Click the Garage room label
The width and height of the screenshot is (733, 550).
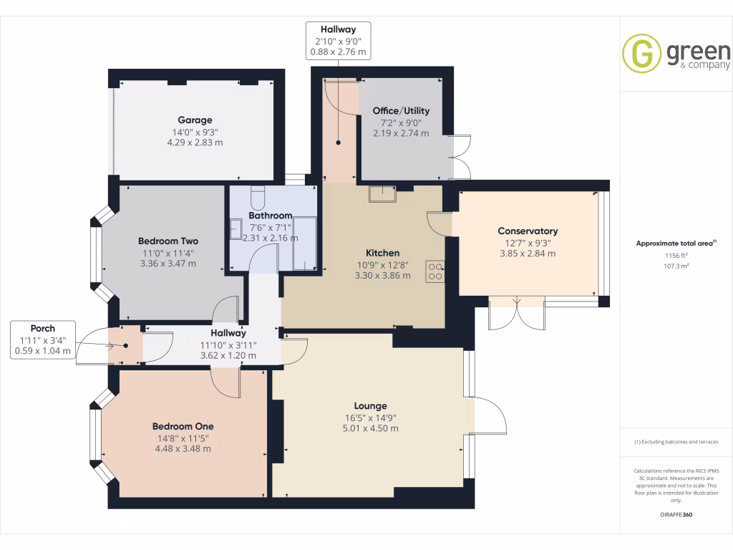tap(195, 120)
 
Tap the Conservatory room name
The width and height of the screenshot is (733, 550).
tap(528, 231)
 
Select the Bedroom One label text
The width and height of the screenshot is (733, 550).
tap(183, 426)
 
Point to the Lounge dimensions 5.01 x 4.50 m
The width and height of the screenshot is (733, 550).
tap(369, 428)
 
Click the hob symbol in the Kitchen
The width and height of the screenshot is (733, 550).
tap(435, 271)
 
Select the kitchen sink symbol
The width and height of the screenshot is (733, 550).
tap(382, 193)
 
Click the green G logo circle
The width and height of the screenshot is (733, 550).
tap(641, 53)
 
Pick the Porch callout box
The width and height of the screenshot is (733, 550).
tap(43, 339)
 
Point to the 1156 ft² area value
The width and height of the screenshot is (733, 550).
tap(676, 255)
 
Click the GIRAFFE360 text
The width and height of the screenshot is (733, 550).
tap(676, 514)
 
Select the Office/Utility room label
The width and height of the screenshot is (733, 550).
tap(401, 111)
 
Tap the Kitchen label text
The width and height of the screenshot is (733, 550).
tap(382, 253)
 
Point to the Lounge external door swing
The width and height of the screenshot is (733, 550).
tap(490, 415)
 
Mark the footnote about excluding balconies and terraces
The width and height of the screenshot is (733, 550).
tap(676, 442)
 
